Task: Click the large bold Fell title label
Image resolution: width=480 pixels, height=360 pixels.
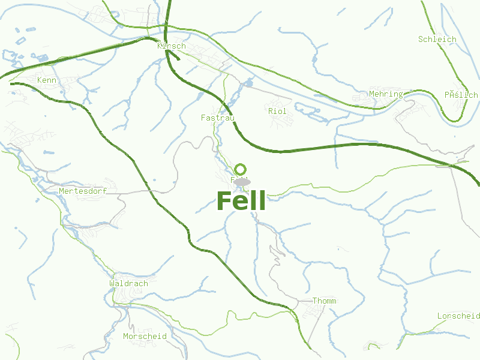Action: tap(241, 201)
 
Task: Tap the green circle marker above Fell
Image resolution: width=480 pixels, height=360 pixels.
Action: tap(241, 169)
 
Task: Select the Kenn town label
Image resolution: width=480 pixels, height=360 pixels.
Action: tap(47, 80)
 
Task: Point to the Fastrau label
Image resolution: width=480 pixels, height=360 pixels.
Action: tap(217, 118)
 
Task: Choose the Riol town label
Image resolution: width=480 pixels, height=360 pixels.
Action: tap(277, 111)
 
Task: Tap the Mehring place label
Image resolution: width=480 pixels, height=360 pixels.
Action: tap(386, 94)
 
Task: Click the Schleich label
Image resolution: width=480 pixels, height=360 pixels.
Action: tap(437, 39)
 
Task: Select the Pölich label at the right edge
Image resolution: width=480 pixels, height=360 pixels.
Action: tap(461, 95)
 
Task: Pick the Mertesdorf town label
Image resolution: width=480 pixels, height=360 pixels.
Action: tap(83, 191)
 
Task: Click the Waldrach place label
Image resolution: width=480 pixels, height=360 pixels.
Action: tap(128, 283)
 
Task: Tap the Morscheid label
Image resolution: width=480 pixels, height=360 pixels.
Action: tap(145, 336)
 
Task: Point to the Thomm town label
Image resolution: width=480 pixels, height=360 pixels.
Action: tap(325, 301)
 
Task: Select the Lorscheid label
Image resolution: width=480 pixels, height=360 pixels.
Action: tap(458, 316)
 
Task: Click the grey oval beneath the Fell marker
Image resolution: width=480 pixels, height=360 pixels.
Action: tap(242, 181)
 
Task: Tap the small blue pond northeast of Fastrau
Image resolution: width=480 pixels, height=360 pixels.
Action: tap(248, 83)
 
